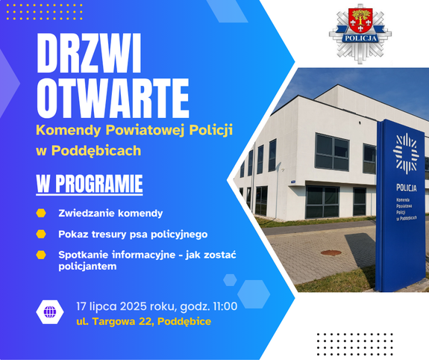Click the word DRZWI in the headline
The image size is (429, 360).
89,53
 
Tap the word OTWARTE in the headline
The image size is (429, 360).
113,98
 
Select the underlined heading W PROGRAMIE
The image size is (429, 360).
90,184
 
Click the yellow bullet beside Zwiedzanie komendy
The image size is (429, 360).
41,213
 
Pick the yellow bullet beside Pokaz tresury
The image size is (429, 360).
41,235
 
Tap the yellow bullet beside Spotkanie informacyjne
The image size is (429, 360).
41,255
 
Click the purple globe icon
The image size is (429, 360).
50,311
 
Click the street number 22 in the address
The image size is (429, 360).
146,321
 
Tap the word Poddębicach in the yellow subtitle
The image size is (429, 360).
96,151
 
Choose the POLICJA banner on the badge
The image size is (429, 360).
360,38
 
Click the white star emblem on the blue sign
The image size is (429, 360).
406,154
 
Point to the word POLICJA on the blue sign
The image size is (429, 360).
407,187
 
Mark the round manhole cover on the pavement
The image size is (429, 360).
331,252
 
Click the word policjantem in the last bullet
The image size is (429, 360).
87,267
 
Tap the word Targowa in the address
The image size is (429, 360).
114,322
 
